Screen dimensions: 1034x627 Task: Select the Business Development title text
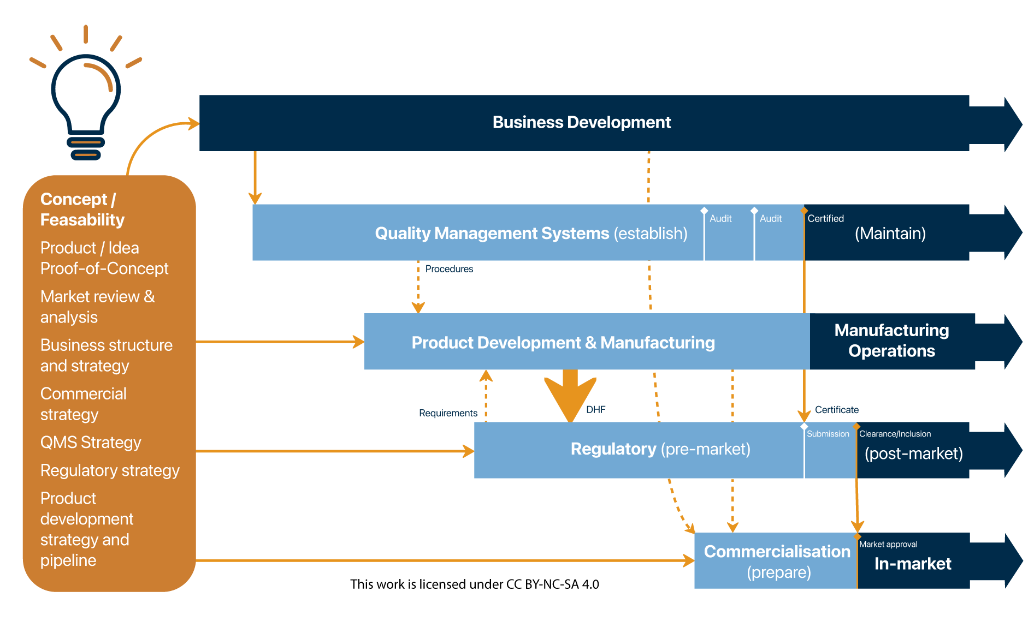[582, 122]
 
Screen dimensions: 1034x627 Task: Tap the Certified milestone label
[825, 218]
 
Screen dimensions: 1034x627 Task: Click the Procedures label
[449, 269]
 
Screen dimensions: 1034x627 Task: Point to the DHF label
[596, 410]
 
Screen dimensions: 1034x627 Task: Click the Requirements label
[448, 413]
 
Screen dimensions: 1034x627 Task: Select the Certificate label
[837, 410]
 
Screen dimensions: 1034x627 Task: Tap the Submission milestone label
[828, 434]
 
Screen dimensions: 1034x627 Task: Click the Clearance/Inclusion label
[895, 434]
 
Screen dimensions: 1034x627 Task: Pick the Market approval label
[888, 544]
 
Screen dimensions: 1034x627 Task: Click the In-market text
[913, 564]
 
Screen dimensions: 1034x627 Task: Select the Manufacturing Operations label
[892, 341]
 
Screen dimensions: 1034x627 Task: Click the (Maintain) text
[890, 234]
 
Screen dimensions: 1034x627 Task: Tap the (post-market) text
[913, 453]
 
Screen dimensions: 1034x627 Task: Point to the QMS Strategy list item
[91, 443]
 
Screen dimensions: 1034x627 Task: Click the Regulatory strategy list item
[110, 470]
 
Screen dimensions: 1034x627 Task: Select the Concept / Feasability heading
[82, 210]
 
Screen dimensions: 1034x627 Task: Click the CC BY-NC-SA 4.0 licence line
[475, 584]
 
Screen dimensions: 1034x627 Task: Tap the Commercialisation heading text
[777, 552]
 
